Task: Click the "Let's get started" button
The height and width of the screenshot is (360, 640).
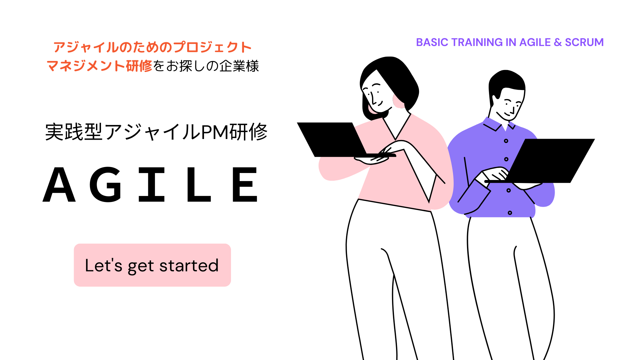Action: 152,265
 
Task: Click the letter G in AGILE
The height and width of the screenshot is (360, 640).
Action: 106,184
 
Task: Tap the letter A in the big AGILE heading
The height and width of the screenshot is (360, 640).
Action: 59,184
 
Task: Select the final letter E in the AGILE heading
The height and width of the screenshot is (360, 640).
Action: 245,184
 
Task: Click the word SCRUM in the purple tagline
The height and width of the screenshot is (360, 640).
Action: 584,42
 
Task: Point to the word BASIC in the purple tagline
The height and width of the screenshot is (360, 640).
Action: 432,42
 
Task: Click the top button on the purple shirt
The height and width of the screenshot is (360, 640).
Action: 506,141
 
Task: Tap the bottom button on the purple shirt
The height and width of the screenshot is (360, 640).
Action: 510,213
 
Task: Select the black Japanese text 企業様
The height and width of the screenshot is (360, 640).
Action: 239,66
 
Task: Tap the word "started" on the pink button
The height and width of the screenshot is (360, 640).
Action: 189,266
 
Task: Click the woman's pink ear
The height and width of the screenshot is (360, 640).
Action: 398,101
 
